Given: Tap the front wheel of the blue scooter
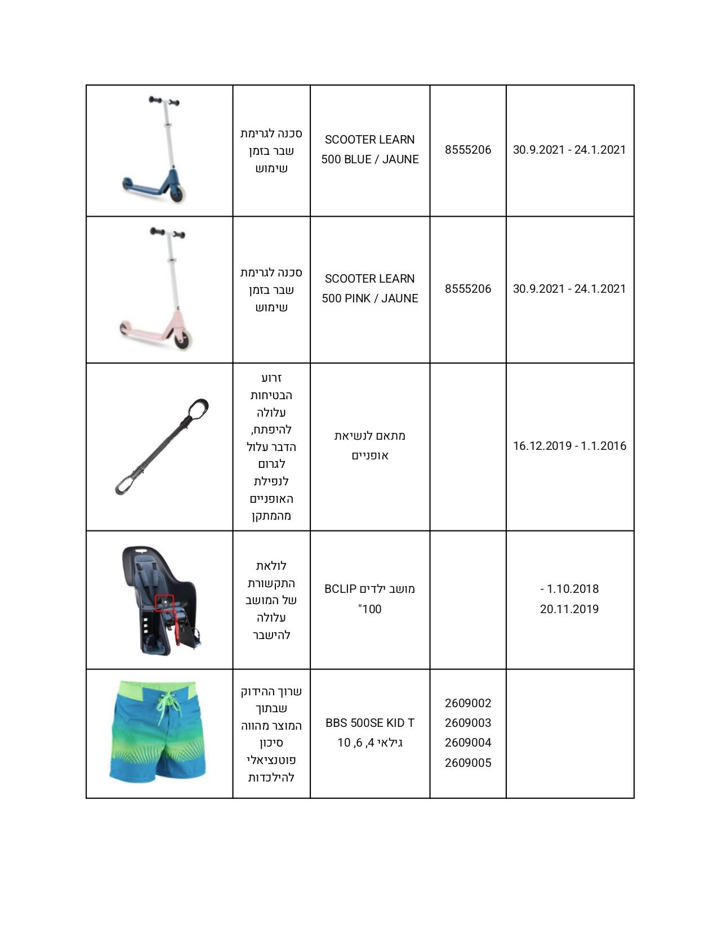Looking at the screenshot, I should pos(179,193).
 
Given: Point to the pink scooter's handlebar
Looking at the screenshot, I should pos(167,233).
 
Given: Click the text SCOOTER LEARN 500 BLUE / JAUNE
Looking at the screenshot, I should pos(369,149).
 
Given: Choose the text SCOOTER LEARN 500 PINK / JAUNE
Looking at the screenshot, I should pos(369,288).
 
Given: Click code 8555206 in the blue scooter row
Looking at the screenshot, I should pos(467,150).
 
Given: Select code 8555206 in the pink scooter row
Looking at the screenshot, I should pos(467,289).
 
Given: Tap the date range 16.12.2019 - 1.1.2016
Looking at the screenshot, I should pos(569,446).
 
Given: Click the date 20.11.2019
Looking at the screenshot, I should pos(569,609).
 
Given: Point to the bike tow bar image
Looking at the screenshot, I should pos(162,446).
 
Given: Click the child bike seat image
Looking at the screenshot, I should pos(160,600).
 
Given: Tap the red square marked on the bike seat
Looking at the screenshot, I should pos(164,603).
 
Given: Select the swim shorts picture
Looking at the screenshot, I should pos(158,732).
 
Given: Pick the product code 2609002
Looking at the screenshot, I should pos(467,703).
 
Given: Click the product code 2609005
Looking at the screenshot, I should pos(467,763).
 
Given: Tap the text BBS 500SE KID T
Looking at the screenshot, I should pos(369,723).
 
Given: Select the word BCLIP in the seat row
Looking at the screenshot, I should pos(340,589).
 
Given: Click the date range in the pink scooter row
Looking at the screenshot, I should pos(569,289).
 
